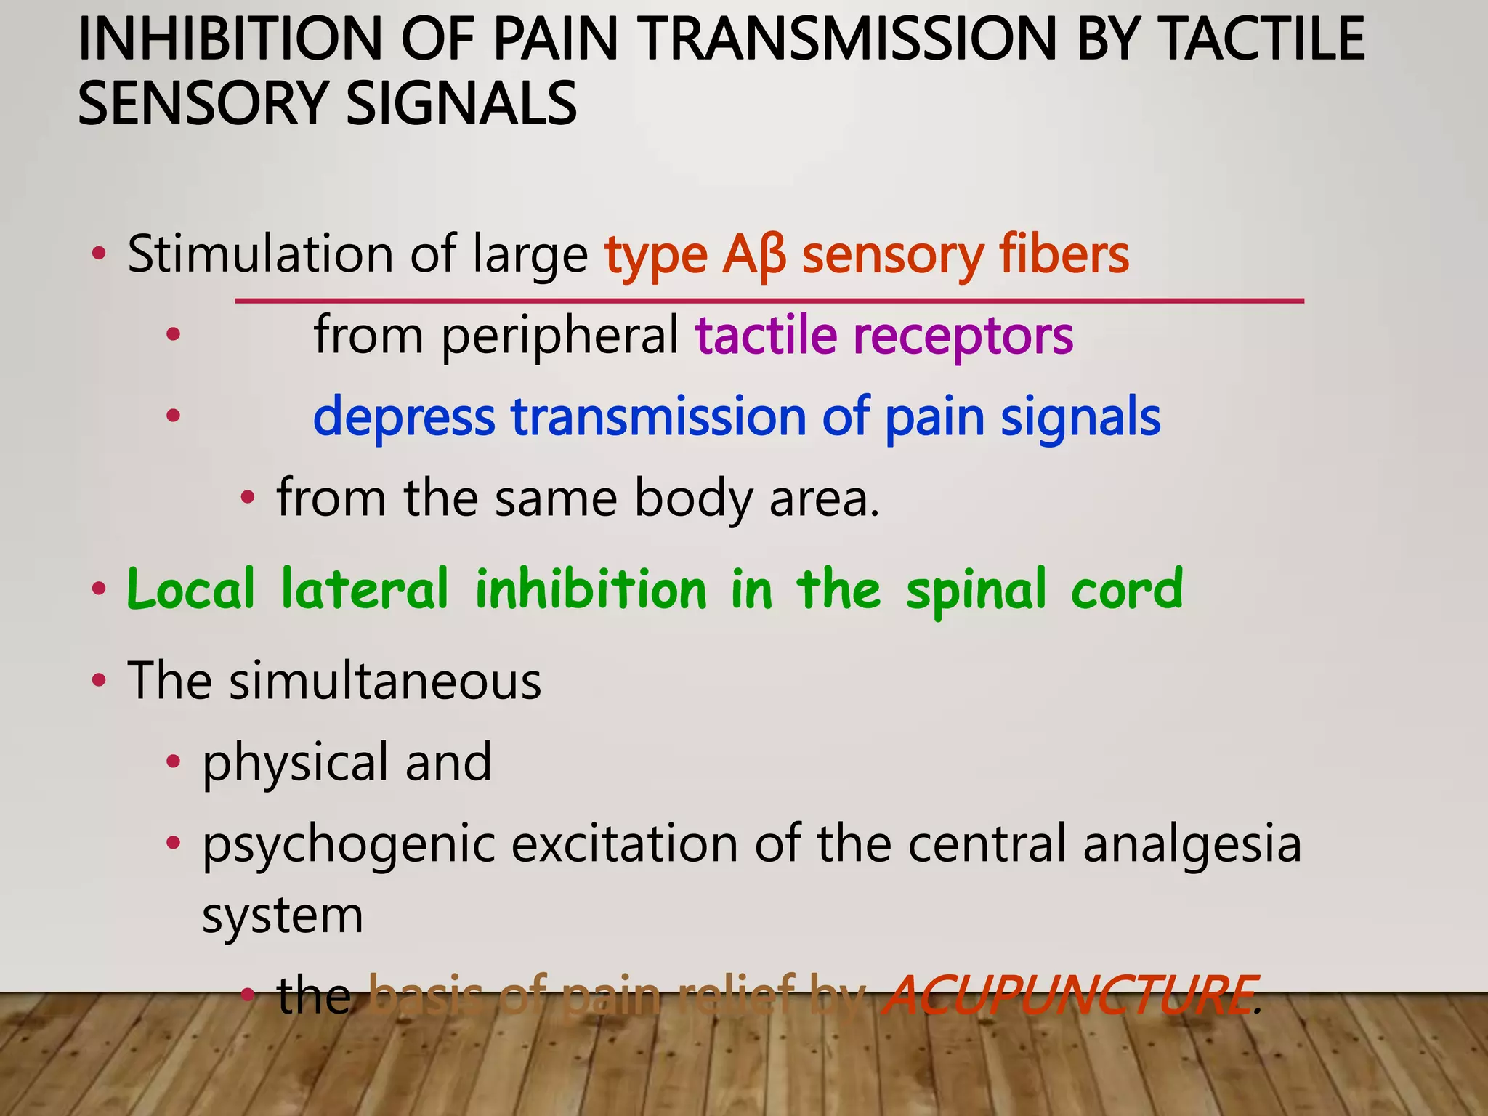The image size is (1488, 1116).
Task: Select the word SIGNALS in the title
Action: pos(461,103)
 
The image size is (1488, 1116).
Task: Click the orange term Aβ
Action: pos(754,256)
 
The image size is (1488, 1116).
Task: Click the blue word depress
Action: pos(404,417)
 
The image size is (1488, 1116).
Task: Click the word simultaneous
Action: pos(385,682)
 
